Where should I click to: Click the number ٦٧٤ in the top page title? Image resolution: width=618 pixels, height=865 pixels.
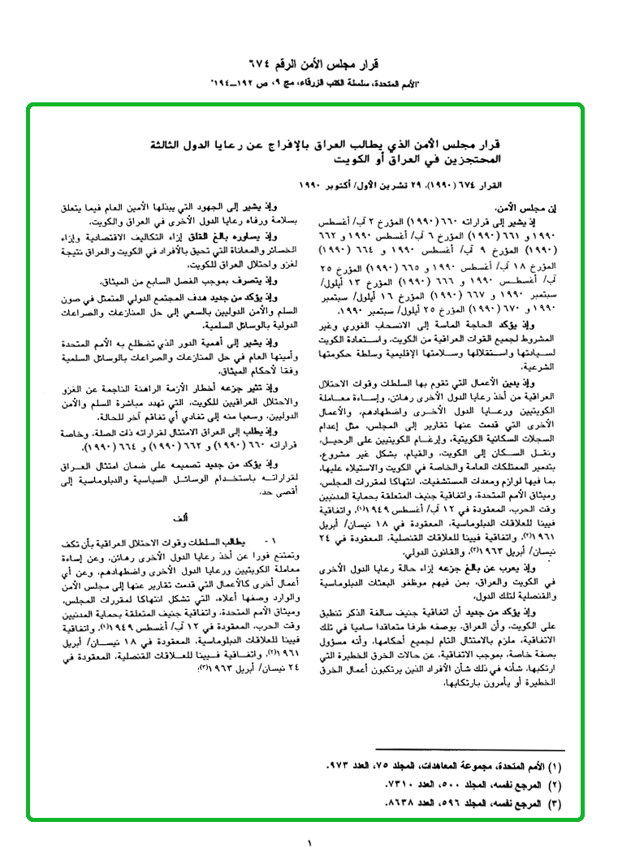coord(267,64)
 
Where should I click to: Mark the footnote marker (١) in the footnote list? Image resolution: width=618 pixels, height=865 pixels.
coord(555,767)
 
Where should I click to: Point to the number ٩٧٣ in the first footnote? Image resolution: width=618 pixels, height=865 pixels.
coord(337,767)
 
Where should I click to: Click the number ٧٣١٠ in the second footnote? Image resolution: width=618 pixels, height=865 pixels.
coord(398,785)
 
